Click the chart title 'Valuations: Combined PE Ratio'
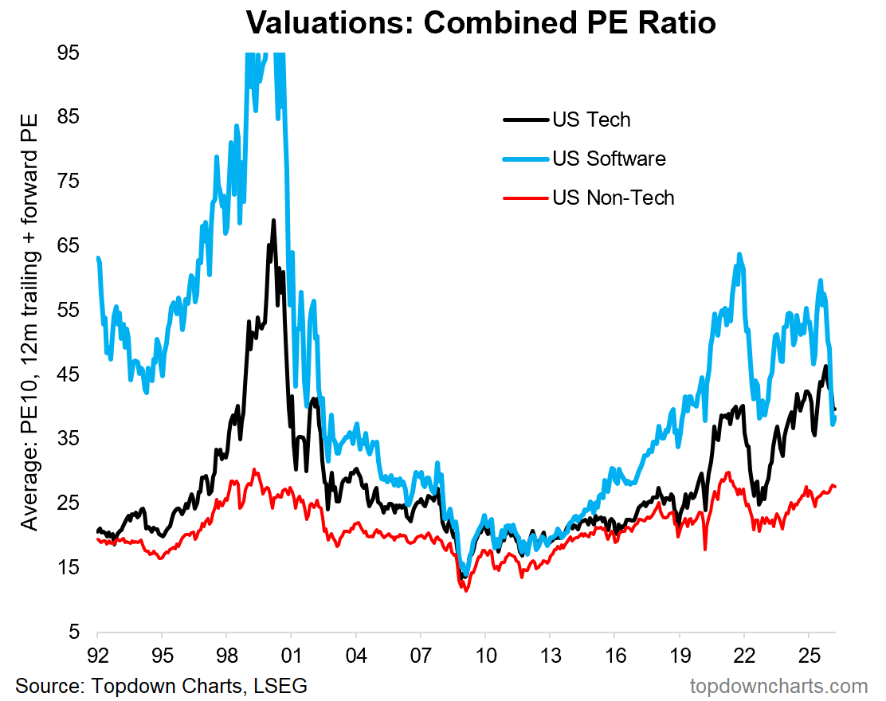pyautogui.click(x=480, y=23)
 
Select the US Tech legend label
pyautogui.click(x=590, y=119)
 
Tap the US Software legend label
pyautogui.click(x=609, y=159)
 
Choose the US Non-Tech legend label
pyautogui.click(x=613, y=197)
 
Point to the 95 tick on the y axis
pyautogui.click(x=69, y=53)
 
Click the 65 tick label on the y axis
pyautogui.click(x=69, y=246)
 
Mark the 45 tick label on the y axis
pyautogui.click(x=69, y=375)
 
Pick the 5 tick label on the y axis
pyautogui.click(x=74, y=632)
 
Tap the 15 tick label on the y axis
pyautogui.click(x=69, y=568)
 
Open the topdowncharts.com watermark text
pyautogui.click(x=778, y=686)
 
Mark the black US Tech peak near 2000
pyautogui.click(x=273, y=221)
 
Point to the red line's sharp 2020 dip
pyautogui.click(x=705, y=549)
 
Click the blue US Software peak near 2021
pyautogui.click(x=739, y=255)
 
